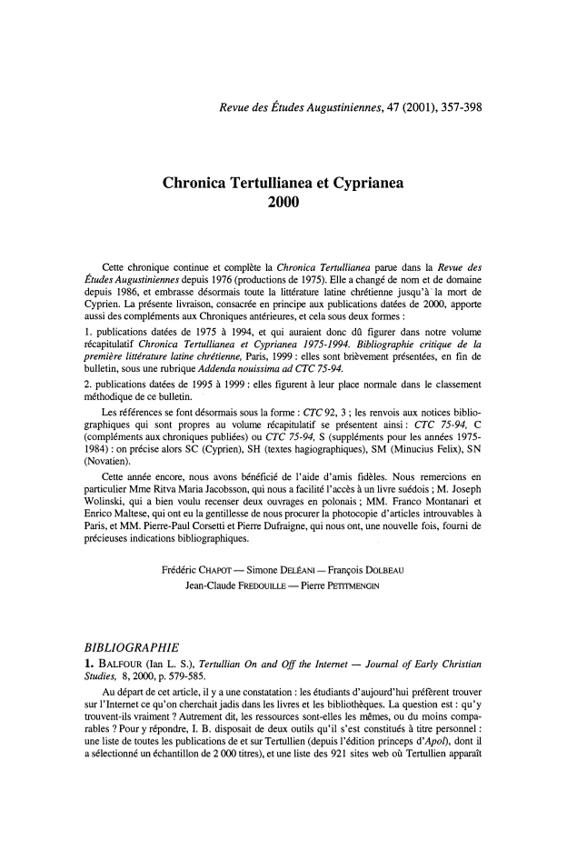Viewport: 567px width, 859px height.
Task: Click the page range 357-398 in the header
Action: point(452,109)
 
